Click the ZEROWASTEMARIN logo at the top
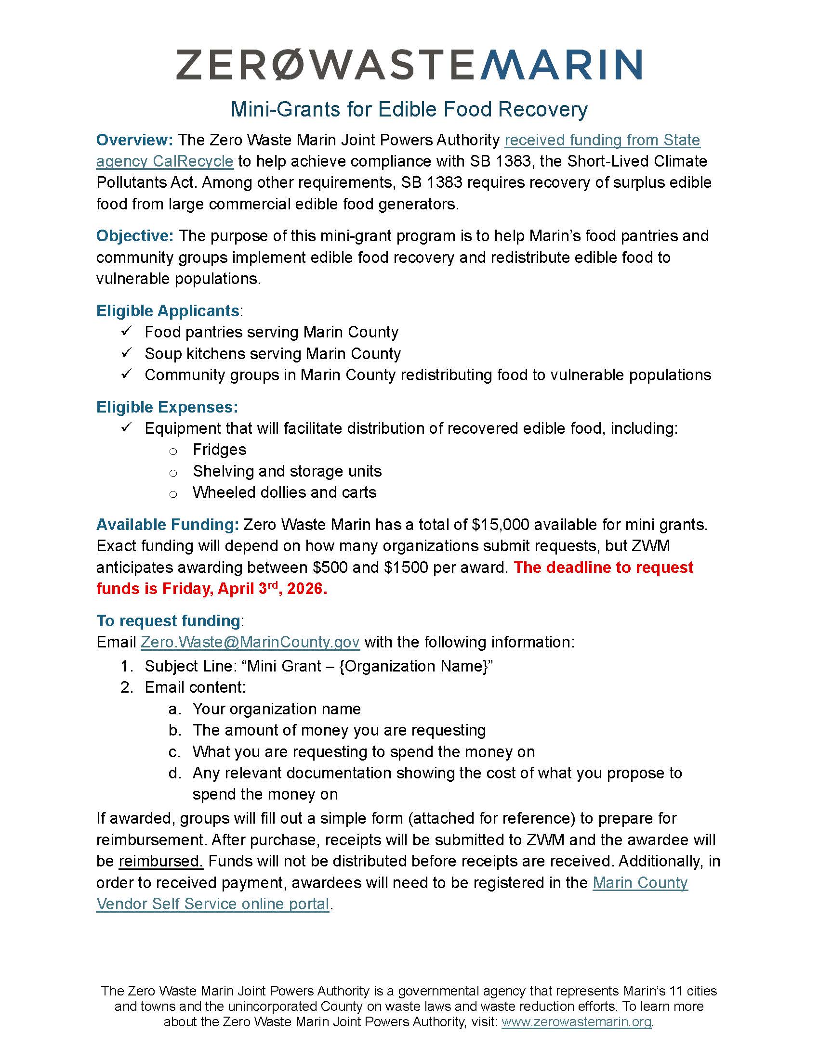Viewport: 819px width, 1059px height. click(x=409, y=65)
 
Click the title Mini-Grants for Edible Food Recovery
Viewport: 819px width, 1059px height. click(x=409, y=110)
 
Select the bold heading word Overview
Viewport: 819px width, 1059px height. click(x=134, y=140)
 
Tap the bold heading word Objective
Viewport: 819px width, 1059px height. click(x=134, y=236)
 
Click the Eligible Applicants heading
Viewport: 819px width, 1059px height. click(x=168, y=311)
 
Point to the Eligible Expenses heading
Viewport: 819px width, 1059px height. click(x=167, y=407)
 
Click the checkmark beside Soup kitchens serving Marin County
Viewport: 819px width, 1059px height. click(x=127, y=353)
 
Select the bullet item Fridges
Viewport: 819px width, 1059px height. click(x=219, y=450)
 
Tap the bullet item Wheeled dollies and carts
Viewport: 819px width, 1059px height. click(x=284, y=492)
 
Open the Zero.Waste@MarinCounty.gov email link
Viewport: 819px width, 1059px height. click(x=250, y=642)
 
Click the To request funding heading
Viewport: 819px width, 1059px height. click(x=168, y=621)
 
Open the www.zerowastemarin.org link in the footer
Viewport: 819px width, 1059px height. click(x=576, y=1022)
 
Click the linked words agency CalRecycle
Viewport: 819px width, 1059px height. click(x=164, y=161)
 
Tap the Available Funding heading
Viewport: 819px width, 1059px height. click(x=167, y=525)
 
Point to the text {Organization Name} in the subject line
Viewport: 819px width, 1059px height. click(x=413, y=666)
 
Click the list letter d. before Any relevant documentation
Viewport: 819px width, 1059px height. click(x=175, y=773)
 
